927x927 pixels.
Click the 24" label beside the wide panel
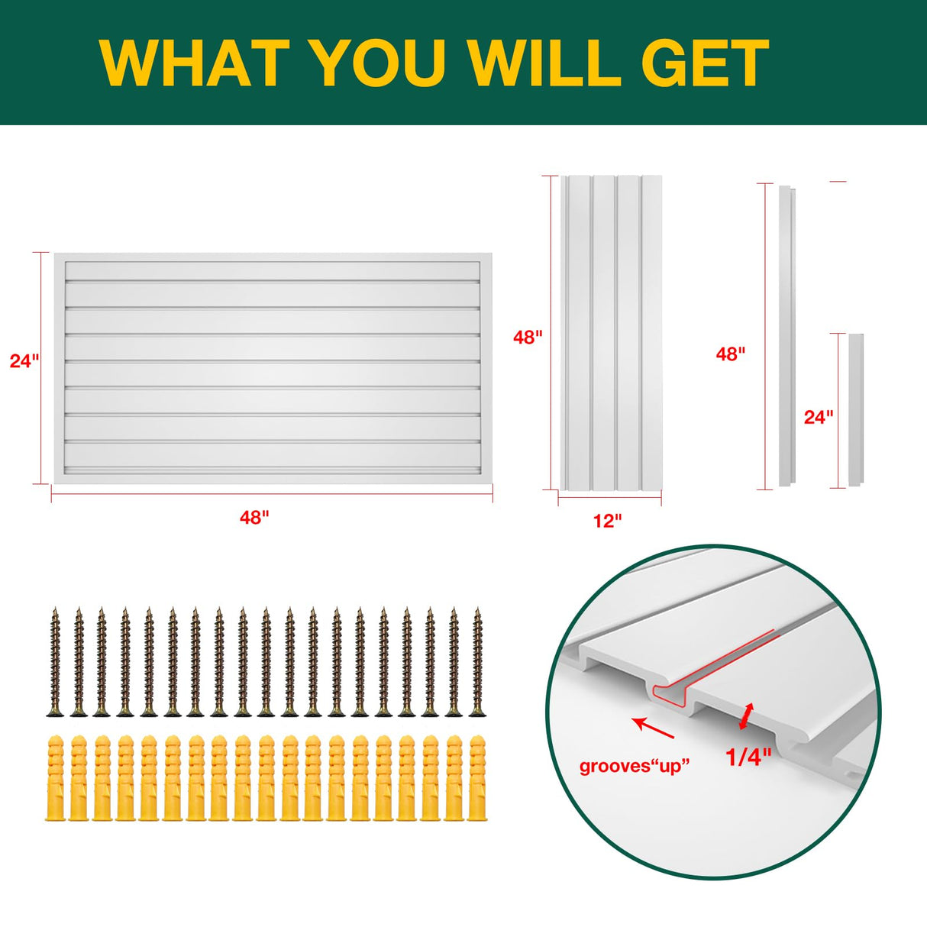[x=24, y=361]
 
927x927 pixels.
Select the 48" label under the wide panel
[x=254, y=518]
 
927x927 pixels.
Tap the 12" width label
[x=607, y=521]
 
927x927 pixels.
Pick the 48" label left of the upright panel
[x=528, y=337]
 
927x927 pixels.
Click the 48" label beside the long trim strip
[x=731, y=354]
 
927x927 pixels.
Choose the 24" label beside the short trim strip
[x=819, y=417]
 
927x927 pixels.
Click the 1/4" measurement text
[x=748, y=757]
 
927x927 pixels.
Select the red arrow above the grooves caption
[x=653, y=728]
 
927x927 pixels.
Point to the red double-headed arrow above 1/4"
[x=747, y=715]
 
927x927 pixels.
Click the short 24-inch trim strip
[x=855, y=410]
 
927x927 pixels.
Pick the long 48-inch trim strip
[x=786, y=336]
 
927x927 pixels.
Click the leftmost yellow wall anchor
[x=55, y=777]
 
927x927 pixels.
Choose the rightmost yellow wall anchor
[x=478, y=777]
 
